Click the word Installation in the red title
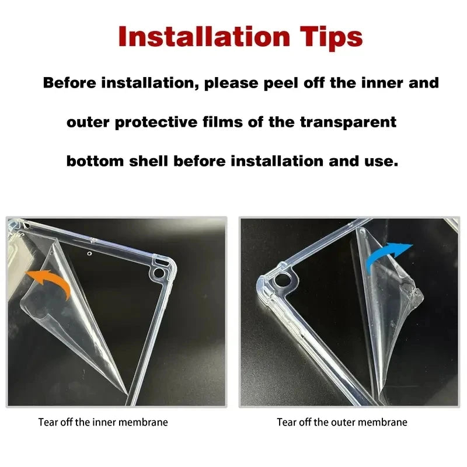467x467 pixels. (204, 37)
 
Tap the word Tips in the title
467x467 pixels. (331, 39)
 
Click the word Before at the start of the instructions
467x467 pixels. (69, 82)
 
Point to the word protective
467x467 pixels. (156, 123)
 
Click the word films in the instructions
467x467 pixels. (222, 122)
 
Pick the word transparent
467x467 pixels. (348, 123)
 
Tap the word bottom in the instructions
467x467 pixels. (95, 161)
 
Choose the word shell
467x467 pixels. (148, 161)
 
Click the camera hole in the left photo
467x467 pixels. (159, 273)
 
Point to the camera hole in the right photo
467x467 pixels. (281, 280)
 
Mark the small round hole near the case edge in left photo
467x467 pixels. (89, 253)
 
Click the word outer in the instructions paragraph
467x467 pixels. (88, 123)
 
